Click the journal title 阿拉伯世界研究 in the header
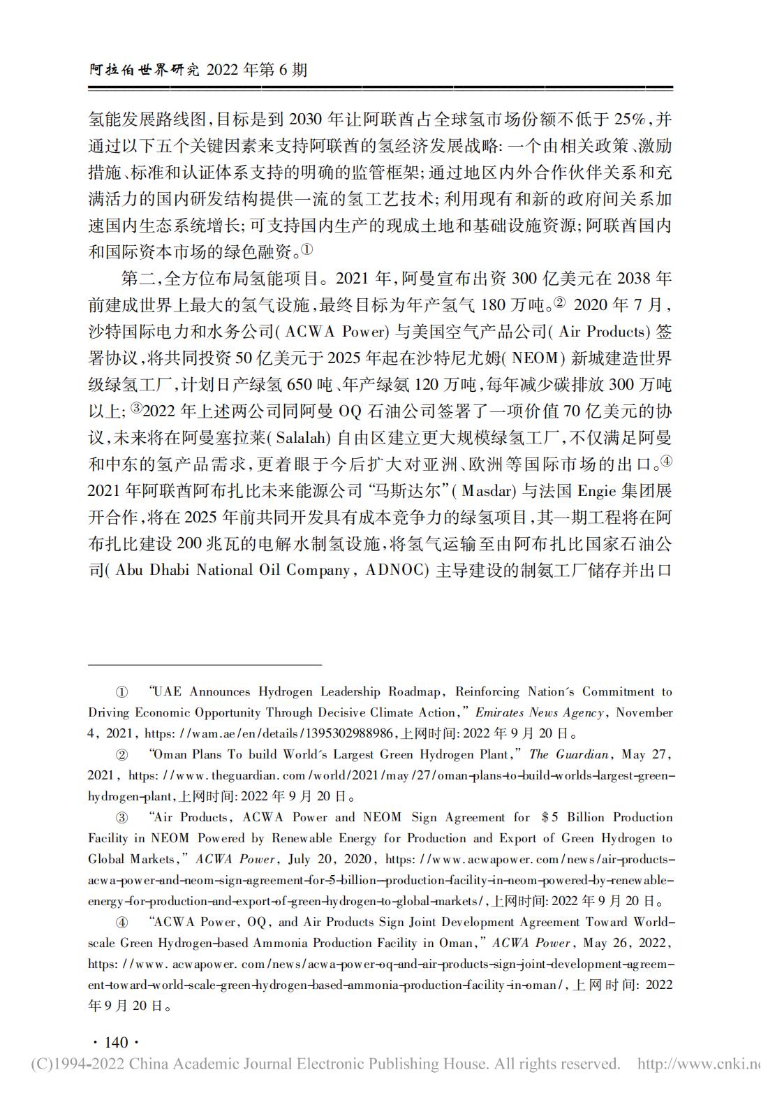145,71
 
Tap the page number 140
116,1042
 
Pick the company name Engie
596,491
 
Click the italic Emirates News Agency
539,712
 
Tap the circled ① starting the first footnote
121,692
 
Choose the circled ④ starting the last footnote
121,923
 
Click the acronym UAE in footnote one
167,692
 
